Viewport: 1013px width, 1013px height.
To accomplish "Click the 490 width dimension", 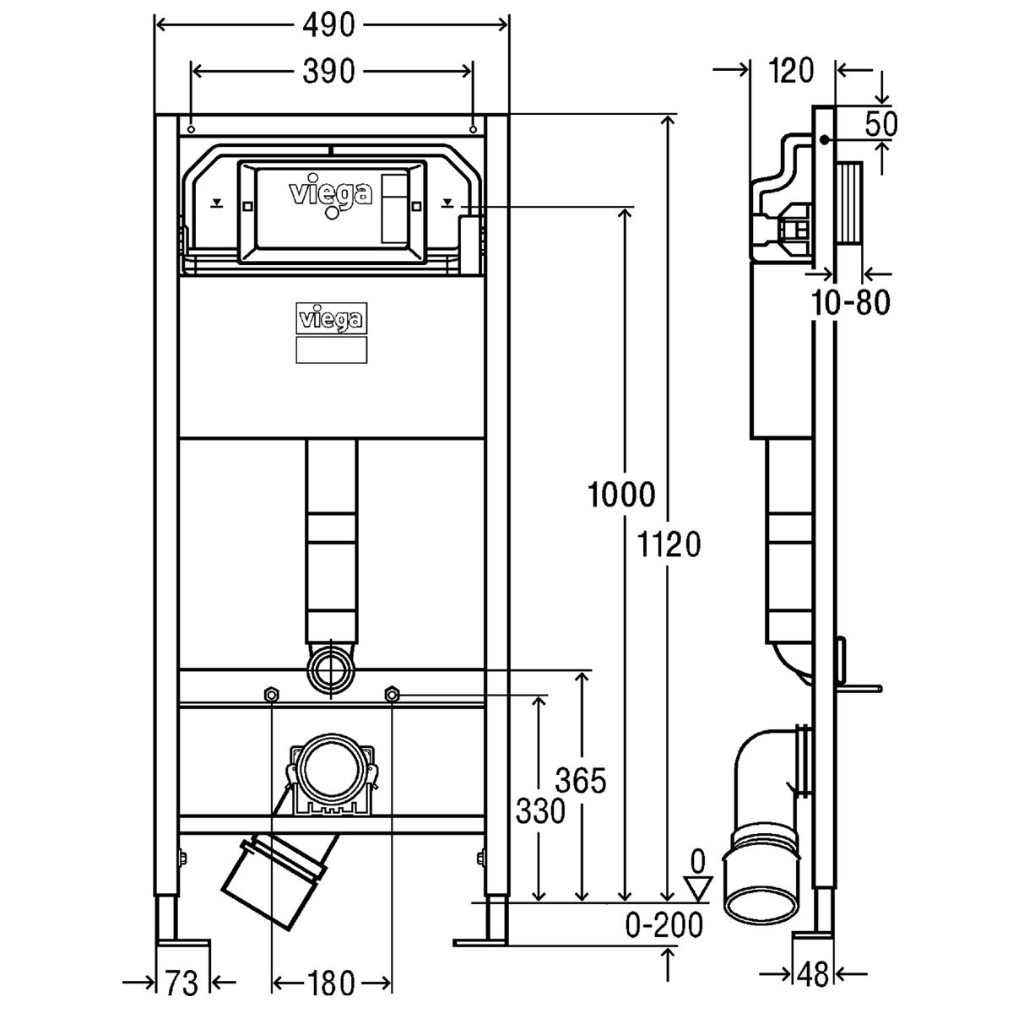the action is click(328, 24).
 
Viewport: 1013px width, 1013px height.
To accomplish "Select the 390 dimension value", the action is click(328, 72).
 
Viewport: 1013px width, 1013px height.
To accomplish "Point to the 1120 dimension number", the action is click(668, 544).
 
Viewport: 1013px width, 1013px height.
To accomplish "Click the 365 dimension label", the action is click(581, 781).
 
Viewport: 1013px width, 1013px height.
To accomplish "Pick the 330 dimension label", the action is click(540, 811).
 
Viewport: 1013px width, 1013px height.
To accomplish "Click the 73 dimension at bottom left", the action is click(181, 983).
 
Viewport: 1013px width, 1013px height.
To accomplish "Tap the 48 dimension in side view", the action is click(813, 975).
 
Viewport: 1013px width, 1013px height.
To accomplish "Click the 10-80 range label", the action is click(851, 302).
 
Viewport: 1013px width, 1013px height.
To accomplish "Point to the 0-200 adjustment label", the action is click(664, 925).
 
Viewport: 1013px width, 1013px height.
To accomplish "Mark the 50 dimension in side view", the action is click(881, 125).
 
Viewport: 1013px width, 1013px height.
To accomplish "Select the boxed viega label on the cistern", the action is click(331, 318).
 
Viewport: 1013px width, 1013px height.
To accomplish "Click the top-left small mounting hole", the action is click(192, 129).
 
